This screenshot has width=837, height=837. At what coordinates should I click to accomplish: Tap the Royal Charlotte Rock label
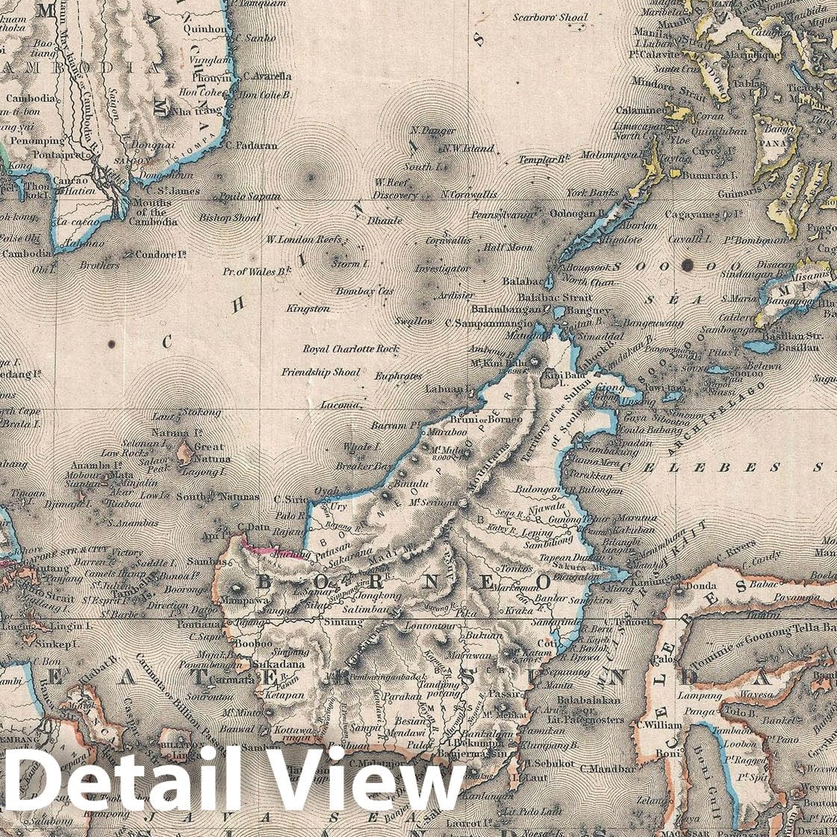(x=351, y=349)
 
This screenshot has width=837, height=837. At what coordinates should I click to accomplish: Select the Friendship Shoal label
(x=320, y=372)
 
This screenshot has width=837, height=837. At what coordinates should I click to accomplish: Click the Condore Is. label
(x=160, y=254)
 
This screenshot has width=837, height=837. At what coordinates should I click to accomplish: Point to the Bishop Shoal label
(x=230, y=217)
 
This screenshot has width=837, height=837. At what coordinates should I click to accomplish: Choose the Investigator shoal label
(x=442, y=267)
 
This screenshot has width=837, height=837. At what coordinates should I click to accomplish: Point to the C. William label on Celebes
(x=656, y=725)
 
